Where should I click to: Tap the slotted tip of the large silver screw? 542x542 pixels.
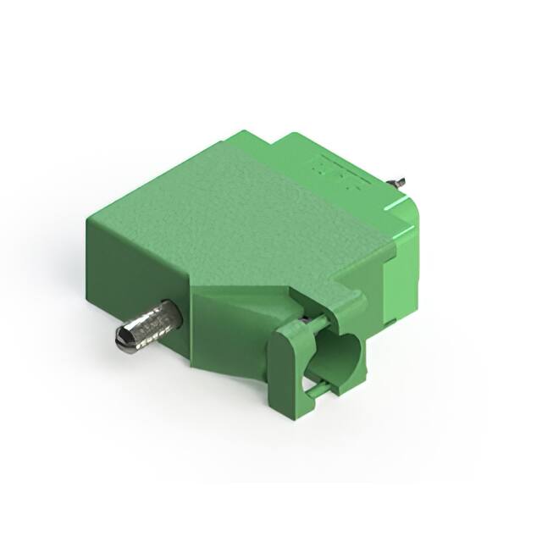(123, 340)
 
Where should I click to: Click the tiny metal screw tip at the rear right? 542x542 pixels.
(398, 182)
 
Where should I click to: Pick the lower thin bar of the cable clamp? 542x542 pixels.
(317, 389)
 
